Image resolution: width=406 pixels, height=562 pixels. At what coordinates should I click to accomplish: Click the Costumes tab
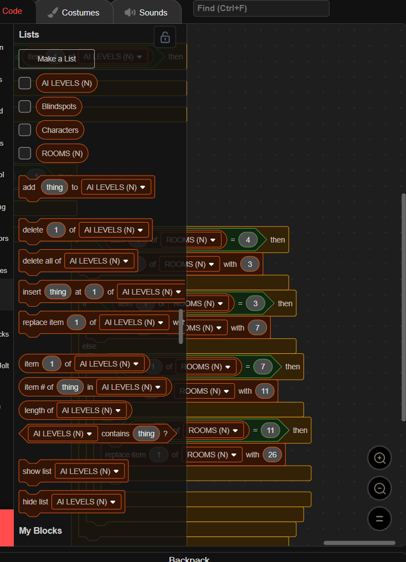point(74,12)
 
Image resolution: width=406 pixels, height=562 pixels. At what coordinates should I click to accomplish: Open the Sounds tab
point(146,12)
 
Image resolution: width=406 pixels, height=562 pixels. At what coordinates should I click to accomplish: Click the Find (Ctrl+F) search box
point(261,8)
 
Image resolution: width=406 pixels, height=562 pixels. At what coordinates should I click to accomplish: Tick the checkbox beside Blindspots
point(25,106)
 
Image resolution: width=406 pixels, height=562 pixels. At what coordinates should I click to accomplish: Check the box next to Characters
point(25,130)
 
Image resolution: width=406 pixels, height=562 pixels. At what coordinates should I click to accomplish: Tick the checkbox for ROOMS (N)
point(25,153)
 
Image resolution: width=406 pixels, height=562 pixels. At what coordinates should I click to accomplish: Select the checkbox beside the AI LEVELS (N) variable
point(25,83)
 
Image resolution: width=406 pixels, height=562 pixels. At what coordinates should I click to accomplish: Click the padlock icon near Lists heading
point(165,37)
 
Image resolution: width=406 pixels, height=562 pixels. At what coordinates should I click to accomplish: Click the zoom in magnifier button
point(379,458)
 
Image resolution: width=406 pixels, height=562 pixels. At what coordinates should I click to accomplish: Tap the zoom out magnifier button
point(379,488)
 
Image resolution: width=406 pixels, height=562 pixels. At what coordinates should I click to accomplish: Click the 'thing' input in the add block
point(54,187)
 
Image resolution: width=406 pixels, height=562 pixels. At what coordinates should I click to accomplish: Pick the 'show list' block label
point(37,471)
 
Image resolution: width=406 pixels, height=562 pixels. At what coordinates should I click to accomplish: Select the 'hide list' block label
point(35,502)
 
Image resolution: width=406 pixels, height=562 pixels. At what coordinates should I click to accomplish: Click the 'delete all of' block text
point(42,261)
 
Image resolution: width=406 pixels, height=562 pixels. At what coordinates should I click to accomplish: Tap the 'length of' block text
point(39,410)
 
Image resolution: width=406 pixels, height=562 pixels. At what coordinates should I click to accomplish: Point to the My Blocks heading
point(40,530)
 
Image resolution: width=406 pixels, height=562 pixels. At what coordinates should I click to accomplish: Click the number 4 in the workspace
point(248,240)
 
